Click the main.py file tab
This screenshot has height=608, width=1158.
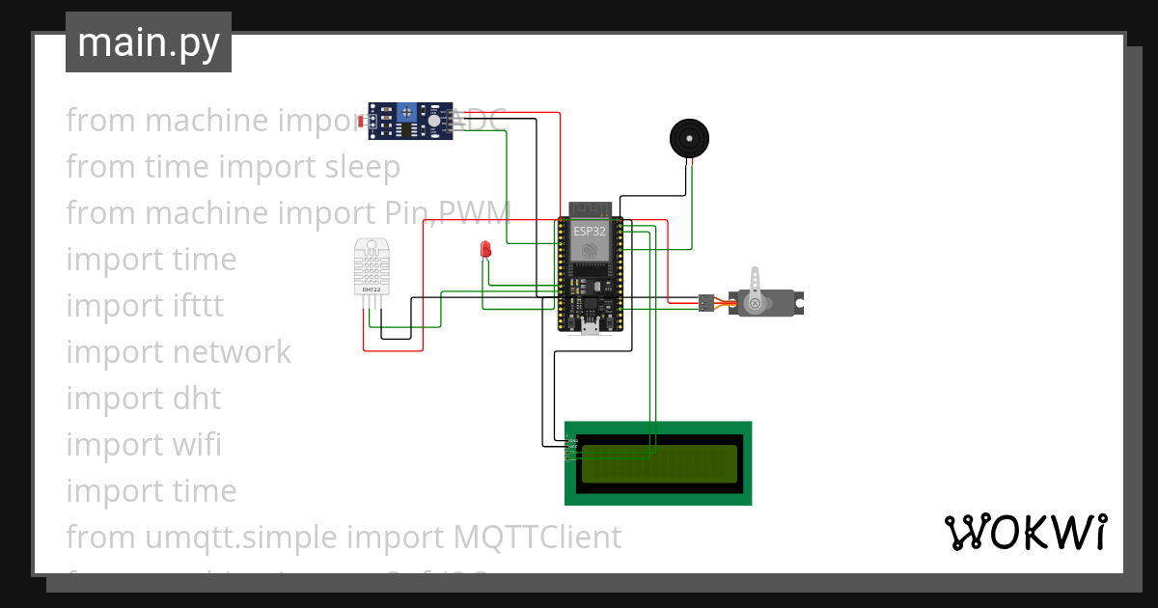click(148, 42)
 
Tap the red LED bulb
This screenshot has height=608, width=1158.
click(485, 250)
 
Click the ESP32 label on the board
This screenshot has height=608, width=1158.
click(589, 232)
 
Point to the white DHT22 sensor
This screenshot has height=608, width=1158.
click(372, 268)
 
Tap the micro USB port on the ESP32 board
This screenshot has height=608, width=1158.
click(589, 327)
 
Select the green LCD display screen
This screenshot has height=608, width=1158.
click(658, 463)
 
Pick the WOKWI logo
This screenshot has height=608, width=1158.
click(1024, 533)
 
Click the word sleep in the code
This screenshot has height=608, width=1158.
click(359, 167)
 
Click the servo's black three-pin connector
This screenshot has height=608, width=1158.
click(706, 303)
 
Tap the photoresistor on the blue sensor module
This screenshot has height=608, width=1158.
click(362, 122)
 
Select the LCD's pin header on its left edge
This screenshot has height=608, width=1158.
click(572, 448)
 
